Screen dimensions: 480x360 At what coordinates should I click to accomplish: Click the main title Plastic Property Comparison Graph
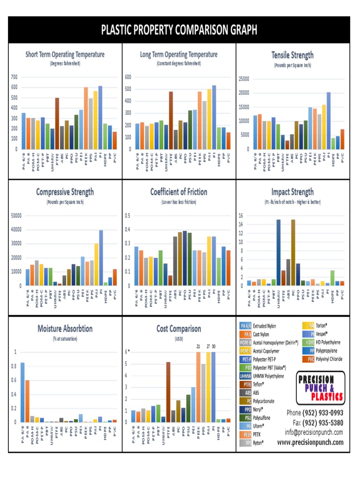180,30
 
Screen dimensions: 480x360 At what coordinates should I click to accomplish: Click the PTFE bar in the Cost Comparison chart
168,391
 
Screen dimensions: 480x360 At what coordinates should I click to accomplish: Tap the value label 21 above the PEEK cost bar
198,346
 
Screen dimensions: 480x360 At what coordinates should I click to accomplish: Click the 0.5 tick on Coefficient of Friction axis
127,216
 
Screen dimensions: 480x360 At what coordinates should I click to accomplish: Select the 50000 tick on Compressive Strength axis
16,216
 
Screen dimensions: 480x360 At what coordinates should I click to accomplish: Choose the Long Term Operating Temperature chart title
179,55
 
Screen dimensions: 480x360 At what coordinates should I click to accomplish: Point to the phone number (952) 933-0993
315,413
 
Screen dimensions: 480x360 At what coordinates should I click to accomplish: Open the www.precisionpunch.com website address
310,442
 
